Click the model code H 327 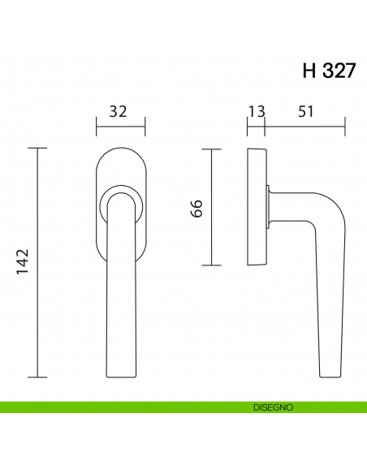point(328,71)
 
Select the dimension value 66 point(196,208)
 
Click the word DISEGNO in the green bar point(273,406)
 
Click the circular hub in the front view point(120,206)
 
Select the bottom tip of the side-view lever point(330,376)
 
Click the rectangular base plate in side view point(256,208)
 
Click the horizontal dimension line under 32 point(120,126)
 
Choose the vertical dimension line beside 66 point(211,208)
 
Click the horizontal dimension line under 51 point(305,126)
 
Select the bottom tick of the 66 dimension point(211,265)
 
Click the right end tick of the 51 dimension point(345,126)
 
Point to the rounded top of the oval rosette point(120,150)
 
